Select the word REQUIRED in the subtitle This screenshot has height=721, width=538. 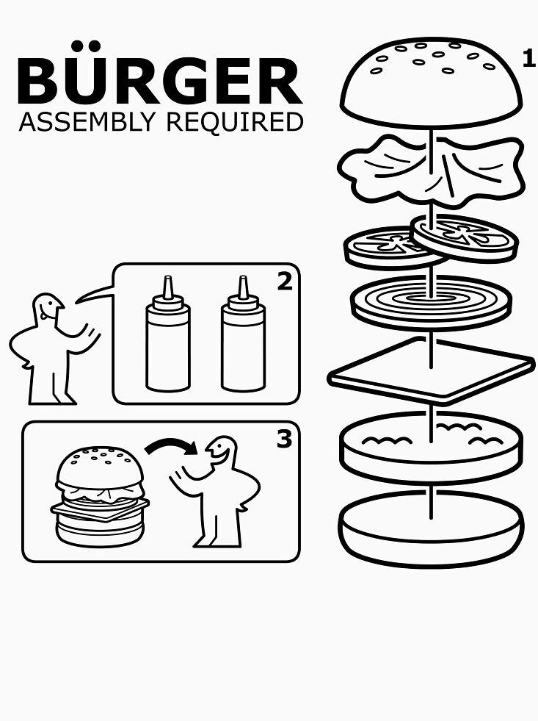coord(234,122)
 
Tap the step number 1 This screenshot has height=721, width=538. coord(528,59)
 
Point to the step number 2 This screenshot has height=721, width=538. coord(284,281)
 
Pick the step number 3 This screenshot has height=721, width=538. coord(283,439)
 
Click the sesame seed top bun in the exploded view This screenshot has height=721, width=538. coord(432,81)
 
